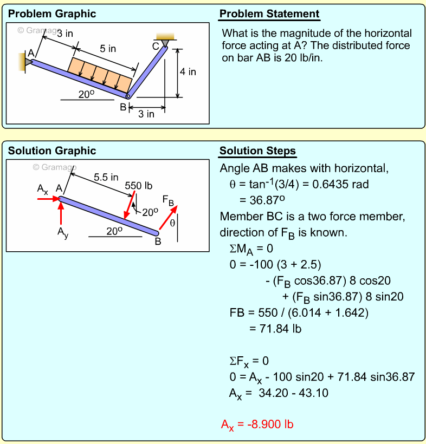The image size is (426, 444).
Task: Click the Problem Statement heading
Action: click(x=269, y=14)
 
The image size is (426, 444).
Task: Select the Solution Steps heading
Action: click(x=257, y=151)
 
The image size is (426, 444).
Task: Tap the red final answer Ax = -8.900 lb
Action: click(x=257, y=425)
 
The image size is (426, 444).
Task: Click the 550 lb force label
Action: click(x=139, y=186)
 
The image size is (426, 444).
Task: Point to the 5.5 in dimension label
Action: click(x=106, y=177)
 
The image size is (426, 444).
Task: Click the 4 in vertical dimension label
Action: click(x=188, y=71)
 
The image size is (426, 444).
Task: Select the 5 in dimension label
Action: click(x=108, y=49)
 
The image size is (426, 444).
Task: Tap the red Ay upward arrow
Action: click(x=61, y=214)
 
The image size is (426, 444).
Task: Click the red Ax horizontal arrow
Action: click(x=48, y=199)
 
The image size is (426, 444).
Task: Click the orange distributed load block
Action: click(x=100, y=75)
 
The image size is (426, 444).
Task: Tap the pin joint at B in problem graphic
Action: click(x=128, y=97)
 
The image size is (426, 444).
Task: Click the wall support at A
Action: click(x=25, y=62)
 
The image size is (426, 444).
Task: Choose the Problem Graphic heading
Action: click(x=52, y=14)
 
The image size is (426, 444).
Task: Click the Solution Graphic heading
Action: click(x=52, y=151)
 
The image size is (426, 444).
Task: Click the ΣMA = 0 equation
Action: click(x=251, y=249)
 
